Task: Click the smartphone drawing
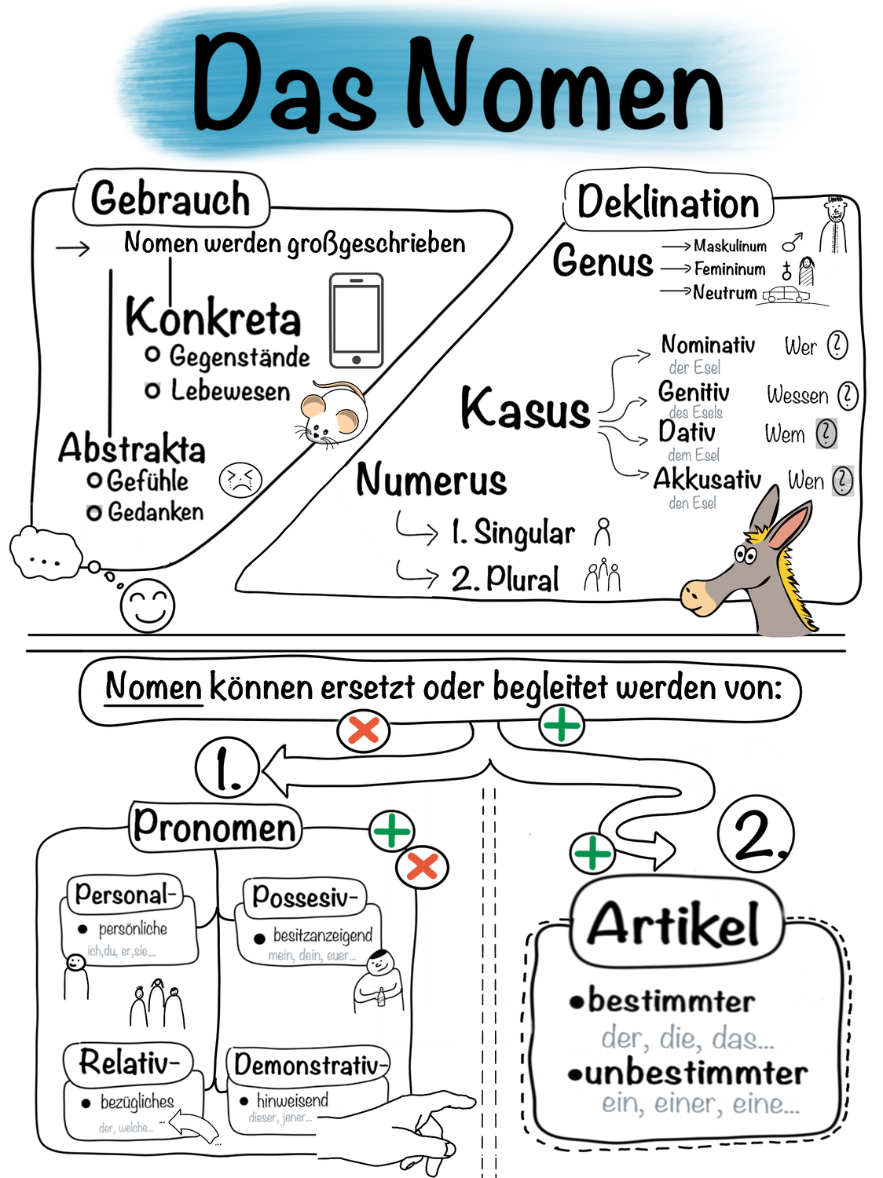pos(356,320)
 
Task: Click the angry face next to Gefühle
pos(240,480)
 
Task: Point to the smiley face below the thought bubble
pos(147,605)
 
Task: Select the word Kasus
pos(525,409)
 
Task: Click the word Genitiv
pos(694,392)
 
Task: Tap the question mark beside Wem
pos(826,434)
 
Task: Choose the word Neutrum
pos(724,293)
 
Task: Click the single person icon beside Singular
pos(603,532)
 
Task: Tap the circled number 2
pos(756,834)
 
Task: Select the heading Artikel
pos(675,924)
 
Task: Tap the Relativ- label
pos(128,1063)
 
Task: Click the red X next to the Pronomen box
pos(422,867)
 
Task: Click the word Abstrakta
pos(131,448)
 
